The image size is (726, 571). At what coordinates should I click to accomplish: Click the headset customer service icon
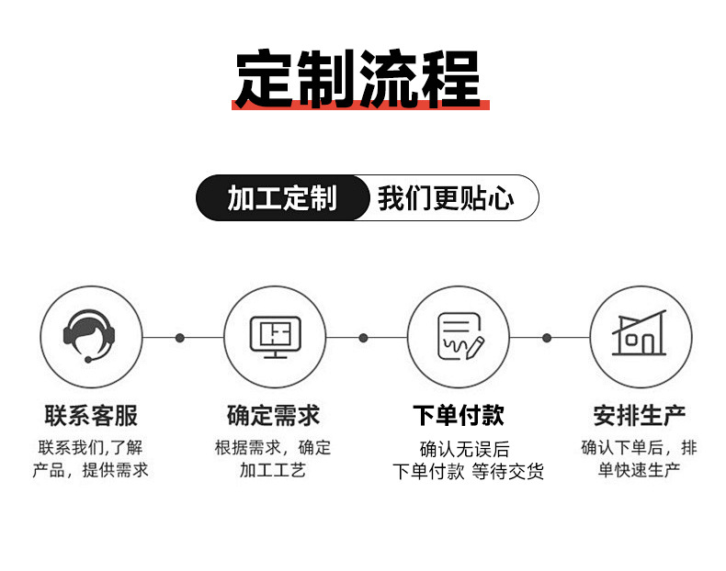pyautogui.click(x=90, y=337)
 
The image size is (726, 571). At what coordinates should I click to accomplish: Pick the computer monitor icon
pyautogui.click(x=275, y=337)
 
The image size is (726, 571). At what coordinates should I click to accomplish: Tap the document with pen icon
pyautogui.click(x=458, y=337)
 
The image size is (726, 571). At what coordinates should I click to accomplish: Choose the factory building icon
pyautogui.click(x=640, y=335)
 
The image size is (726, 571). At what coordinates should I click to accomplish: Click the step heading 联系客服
pyautogui.click(x=91, y=416)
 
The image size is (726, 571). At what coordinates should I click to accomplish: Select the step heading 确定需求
pyautogui.click(x=273, y=416)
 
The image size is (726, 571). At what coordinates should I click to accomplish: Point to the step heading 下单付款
pyautogui.click(x=458, y=416)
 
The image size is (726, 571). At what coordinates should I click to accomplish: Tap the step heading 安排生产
pyautogui.click(x=640, y=416)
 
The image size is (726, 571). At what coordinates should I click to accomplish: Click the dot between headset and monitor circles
pyautogui.click(x=180, y=338)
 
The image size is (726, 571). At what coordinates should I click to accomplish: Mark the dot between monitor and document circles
pyautogui.click(x=363, y=338)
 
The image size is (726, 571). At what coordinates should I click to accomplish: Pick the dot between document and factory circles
pyautogui.click(x=547, y=338)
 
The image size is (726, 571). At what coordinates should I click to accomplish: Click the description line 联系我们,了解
pyautogui.click(x=90, y=448)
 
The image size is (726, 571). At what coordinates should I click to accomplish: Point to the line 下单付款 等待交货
pyautogui.click(x=468, y=472)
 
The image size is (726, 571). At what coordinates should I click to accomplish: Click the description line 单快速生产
pyautogui.click(x=639, y=471)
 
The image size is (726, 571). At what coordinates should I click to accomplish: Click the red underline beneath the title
pyautogui.click(x=360, y=106)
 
